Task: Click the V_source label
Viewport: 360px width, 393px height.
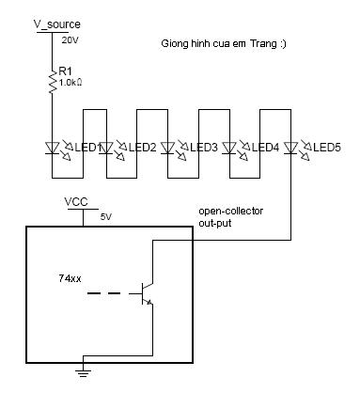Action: tap(57, 24)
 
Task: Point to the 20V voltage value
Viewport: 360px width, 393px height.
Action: tap(70, 40)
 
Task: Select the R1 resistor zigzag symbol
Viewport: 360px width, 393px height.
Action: tap(53, 81)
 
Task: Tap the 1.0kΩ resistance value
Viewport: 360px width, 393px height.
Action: tap(70, 83)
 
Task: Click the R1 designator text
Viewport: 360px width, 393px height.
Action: tap(65, 71)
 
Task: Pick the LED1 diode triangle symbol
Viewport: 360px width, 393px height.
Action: tap(53, 148)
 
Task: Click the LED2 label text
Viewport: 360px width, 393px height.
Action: tap(142, 148)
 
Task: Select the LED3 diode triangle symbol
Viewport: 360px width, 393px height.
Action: tap(168, 148)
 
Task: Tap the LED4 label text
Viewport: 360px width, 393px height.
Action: tap(265, 148)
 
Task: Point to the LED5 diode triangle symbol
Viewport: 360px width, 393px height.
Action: tap(290, 148)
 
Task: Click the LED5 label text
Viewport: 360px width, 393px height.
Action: tap(327, 148)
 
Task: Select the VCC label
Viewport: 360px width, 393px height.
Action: tap(76, 202)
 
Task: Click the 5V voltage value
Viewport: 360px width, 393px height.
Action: tap(106, 217)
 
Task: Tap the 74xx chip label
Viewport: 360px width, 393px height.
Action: tap(70, 278)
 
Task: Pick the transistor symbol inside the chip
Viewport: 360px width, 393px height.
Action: tap(145, 293)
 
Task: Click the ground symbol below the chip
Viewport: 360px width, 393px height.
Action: tap(83, 372)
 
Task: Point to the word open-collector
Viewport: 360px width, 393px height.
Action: tap(231, 212)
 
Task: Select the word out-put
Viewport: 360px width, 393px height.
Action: tap(215, 223)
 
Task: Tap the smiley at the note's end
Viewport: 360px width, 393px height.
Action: tap(283, 43)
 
